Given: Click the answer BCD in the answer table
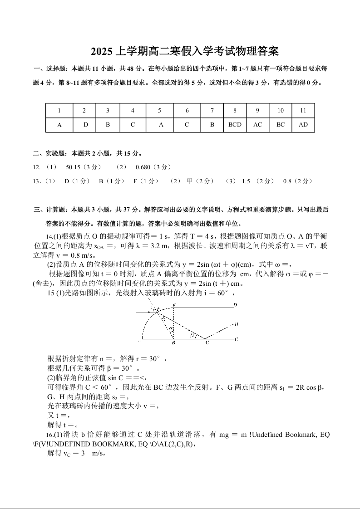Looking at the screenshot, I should (235, 125).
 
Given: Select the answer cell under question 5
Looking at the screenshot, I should (161, 125).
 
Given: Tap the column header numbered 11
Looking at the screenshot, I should (303, 110).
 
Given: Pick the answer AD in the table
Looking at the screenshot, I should (303, 125).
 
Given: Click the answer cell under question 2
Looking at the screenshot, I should (85, 125).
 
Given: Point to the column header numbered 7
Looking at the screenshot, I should (212, 110).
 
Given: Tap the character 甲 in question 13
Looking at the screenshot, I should (190, 181).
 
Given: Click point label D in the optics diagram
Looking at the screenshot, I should (235, 305).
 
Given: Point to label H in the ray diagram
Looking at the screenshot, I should (237, 324).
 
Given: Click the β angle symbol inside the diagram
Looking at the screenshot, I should (192, 335).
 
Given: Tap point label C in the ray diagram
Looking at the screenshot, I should (237, 339).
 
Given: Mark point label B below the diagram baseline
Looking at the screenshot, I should (173, 343).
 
